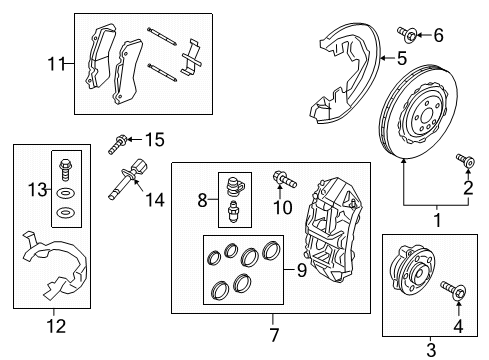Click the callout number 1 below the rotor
pos(434,220)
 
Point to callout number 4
pos(459,324)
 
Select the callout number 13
pos(37,190)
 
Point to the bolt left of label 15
pos(117,143)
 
